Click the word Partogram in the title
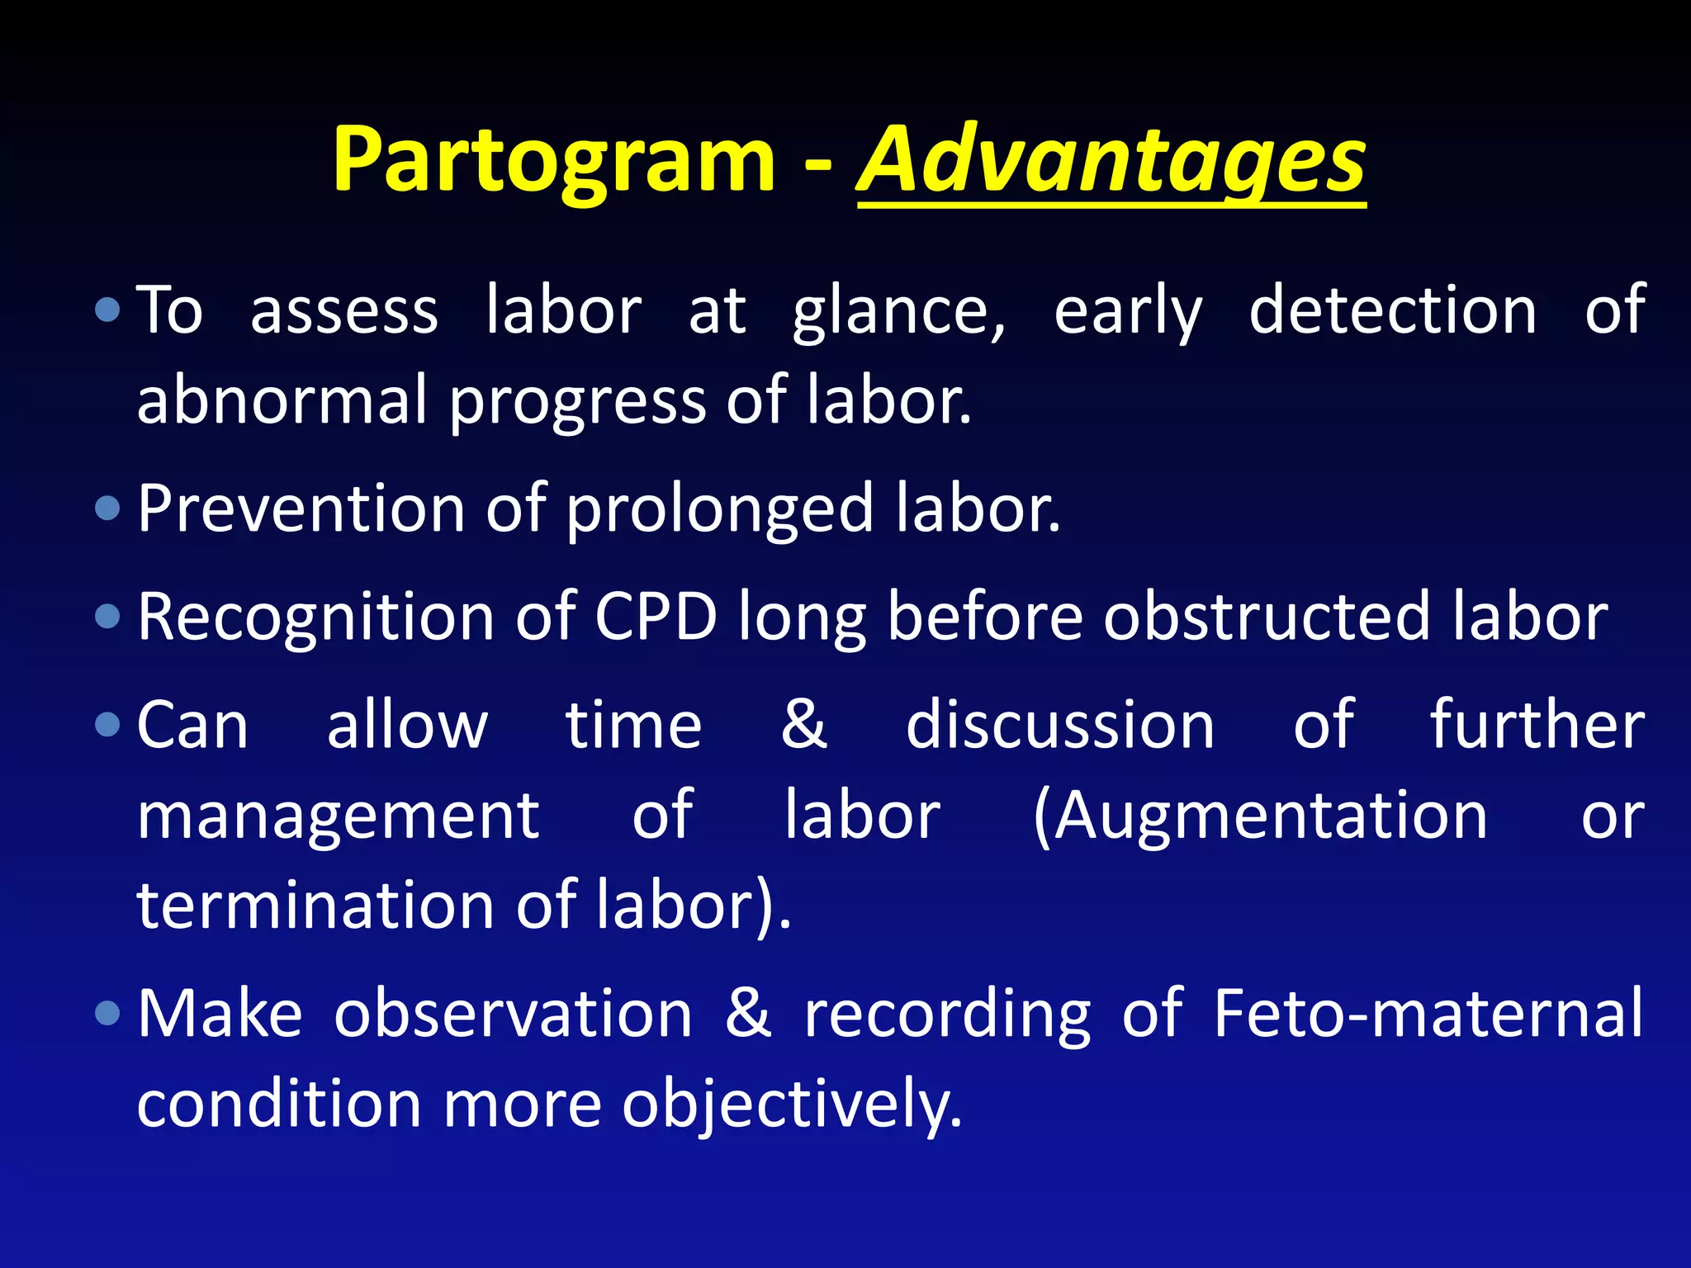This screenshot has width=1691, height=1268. tap(553, 161)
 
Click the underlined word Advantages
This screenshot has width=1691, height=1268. tap(1111, 161)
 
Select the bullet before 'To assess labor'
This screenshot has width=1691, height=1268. tap(107, 310)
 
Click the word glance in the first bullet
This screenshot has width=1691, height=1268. tap(898, 312)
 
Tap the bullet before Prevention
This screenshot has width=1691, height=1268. tap(107, 508)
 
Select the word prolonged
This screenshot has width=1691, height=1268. tap(719, 510)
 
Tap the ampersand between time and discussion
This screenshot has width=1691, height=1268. tap(803, 725)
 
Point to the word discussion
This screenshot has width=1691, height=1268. tap(1060, 725)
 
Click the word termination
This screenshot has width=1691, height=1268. tap(315, 906)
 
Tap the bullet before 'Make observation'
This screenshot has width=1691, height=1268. tap(107, 1013)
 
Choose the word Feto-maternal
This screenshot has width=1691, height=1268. tap(1428, 1013)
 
